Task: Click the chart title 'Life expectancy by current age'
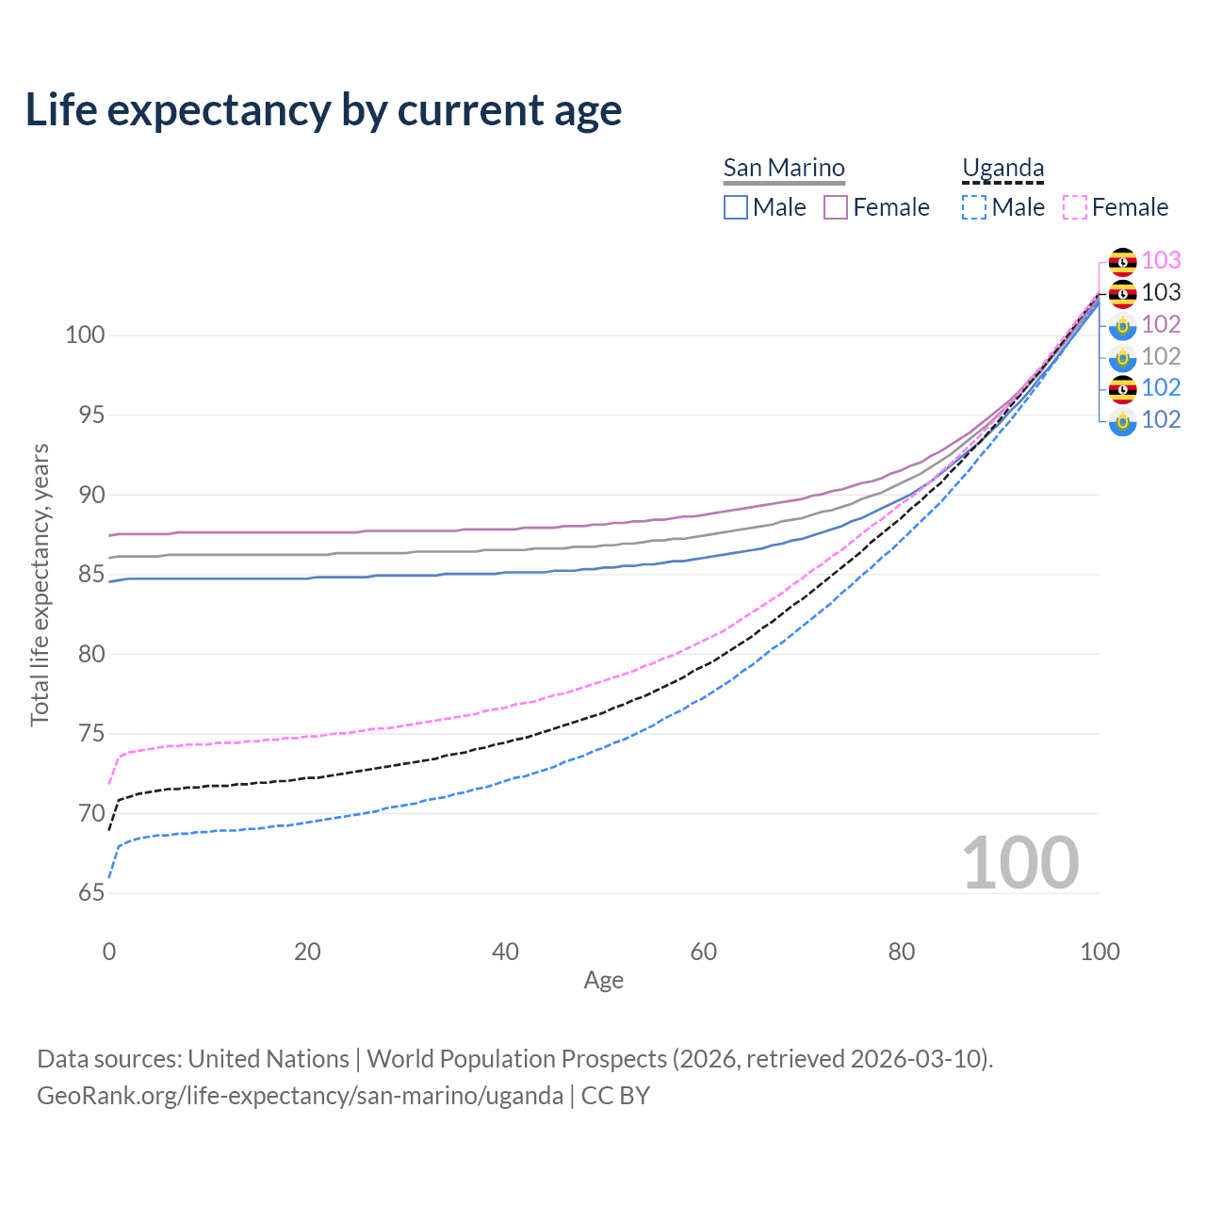point(323,110)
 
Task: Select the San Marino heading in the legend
point(784,168)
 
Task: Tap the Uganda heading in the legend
point(1002,168)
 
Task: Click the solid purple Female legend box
point(836,207)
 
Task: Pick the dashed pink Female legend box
point(1075,207)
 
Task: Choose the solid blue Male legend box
point(736,207)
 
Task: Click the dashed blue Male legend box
point(974,207)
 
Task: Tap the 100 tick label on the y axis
point(85,334)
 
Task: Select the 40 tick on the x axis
point(505,952)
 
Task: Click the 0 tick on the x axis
point(109,952)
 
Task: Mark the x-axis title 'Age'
point(603,981)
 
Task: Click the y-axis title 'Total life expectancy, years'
point(40,585)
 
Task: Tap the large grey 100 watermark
point(1019,862)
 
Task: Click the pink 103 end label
point(1161,260)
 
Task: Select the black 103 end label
point(1161,292)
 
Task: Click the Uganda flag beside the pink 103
point(1122,261)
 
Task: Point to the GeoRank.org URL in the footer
point(300,1096)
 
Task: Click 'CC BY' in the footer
point(615,1096)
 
